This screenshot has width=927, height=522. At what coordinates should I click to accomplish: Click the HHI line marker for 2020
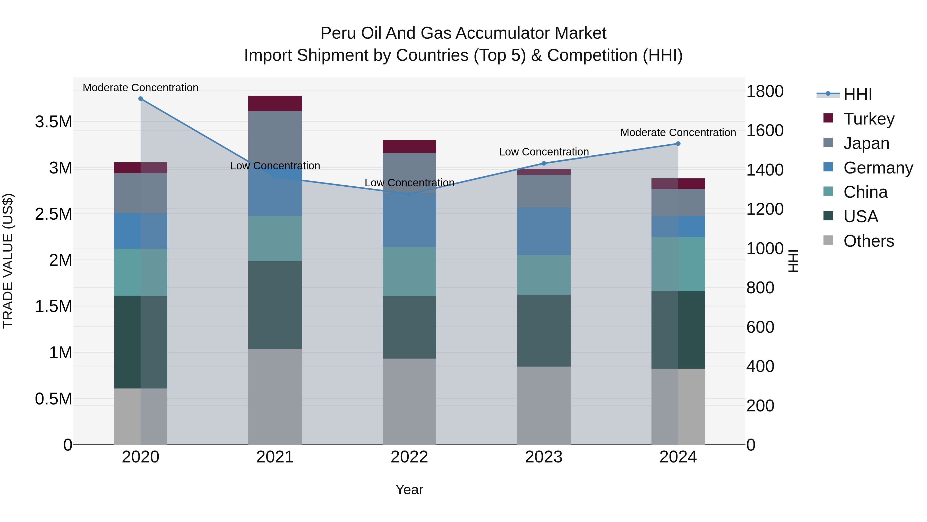pos(140,99)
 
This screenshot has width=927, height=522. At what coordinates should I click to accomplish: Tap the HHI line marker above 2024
pos(678,144)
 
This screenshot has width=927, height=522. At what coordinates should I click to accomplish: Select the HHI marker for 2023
pos(544,163)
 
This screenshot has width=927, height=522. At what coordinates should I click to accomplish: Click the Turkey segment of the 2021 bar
pos(275,103)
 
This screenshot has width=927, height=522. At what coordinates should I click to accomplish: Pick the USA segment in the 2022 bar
pos(409,327)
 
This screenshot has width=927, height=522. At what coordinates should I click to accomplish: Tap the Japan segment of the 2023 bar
pos(544,191)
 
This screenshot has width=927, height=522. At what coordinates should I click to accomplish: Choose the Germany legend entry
pos(878,168)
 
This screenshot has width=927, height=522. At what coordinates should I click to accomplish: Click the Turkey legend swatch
pos(828,118)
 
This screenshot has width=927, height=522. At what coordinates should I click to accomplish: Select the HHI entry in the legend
pos(857,94)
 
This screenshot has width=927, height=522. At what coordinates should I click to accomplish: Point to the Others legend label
pos(868,241)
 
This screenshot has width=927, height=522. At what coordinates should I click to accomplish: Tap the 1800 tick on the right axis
pos(765,91)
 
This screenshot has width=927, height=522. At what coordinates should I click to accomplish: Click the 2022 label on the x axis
pos(409,457)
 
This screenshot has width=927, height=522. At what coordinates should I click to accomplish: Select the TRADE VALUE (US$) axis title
pos(8,261)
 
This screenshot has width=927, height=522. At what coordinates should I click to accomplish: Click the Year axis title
pos(409,490)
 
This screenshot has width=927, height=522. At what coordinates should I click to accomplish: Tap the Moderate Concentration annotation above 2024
pos(678,132)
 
